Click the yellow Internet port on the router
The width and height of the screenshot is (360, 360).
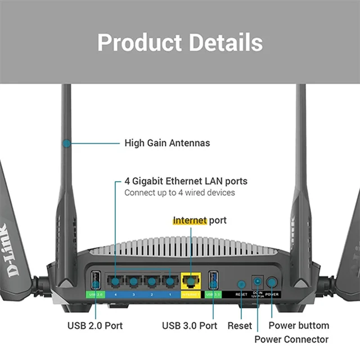click(x=191, y=281)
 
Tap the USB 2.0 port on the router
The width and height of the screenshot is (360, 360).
click(x=94, y=280)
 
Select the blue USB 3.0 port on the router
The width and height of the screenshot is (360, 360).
click(x=213, y=280)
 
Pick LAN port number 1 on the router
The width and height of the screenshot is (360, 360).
click(x=168, y=281)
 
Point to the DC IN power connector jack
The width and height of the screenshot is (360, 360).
click(x=258, y=282)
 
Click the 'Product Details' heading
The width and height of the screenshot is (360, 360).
click(x=180, y=43)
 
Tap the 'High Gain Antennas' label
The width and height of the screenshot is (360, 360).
click(x=166, y=143)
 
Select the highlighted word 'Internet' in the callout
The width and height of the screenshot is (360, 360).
click(x=190, y=220)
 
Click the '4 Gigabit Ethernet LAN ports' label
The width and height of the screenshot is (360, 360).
click(x=186, y=182)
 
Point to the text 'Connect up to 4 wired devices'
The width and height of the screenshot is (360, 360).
click(x=179, y=193)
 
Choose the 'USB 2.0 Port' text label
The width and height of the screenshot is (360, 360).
click(x=95, y=325)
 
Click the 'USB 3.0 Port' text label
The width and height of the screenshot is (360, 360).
click(x=190, y=325)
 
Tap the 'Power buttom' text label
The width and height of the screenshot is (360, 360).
click(x=299, y=325)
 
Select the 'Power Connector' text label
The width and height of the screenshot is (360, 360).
click(x=291, y=339)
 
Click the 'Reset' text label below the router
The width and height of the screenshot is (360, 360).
click(x=240, y=325)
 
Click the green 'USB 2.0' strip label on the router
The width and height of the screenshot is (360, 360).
click(x=95, y=294)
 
